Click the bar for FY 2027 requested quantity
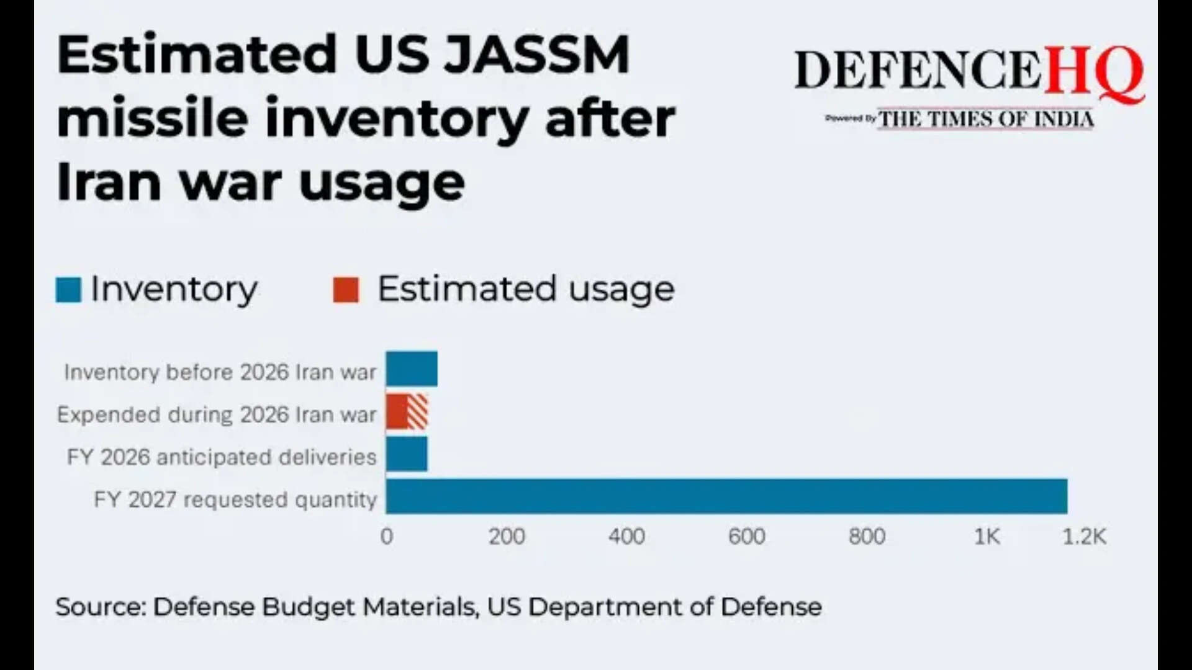(x=726, y=496)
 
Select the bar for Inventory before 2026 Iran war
(x=412, y=369)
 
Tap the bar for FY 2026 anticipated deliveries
(x=407, y=454)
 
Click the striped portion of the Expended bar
(x=418, y=412)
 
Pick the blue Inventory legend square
(x=68, y=290)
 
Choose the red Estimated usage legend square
(x=346, y=290)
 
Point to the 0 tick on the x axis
(x=387, y=537)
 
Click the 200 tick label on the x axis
(x=507, y=537)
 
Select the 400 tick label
(x=626, y=537)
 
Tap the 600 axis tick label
(x=747, y=537)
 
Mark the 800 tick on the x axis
(x=867, y=537)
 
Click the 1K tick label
(x=987, y=537)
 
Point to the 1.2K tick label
(x=1084, y=537)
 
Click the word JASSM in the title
(x=538, y=55)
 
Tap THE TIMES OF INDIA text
(x=986, y=118)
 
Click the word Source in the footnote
(x=99, y=607)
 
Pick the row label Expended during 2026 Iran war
(x=217, y=414)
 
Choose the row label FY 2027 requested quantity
(x=235, y=499)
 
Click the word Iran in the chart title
(x=109, y=183)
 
